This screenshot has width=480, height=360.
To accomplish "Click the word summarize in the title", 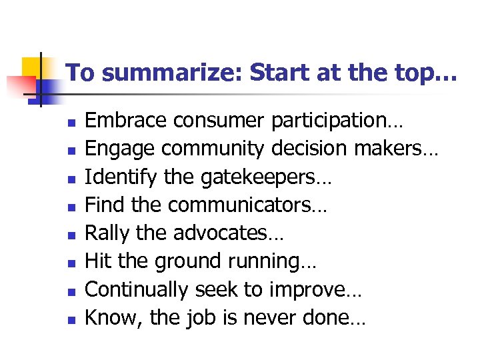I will [x=173, y=73].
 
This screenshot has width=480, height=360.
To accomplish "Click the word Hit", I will [x=99, y=262].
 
